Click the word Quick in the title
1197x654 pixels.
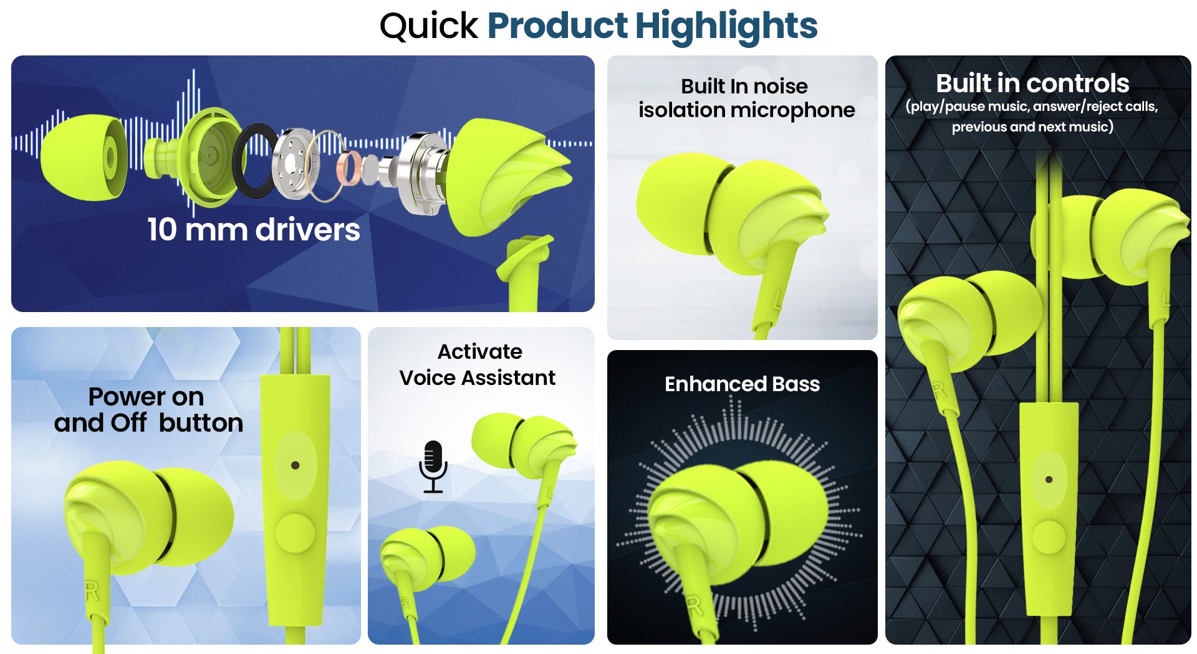pos(428,27)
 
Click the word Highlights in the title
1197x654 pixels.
pos(726,27)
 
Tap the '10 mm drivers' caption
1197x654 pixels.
pos(254,230)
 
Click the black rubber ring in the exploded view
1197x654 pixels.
pos(256,160)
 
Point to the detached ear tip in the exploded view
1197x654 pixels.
pos(84,158)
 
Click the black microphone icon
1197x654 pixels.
pos(433,467)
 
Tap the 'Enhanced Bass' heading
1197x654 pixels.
pos(742,384)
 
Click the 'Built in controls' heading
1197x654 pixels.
pos(1032,83)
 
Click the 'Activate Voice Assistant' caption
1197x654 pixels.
pos(478,364)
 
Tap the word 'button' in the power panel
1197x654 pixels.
pos(201,423)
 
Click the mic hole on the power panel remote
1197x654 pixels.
pos(296,465)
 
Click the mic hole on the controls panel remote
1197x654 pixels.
pos(1049,479)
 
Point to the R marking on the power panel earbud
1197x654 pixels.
pos(92,591)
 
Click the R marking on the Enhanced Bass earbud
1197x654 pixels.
pos(694,605)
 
